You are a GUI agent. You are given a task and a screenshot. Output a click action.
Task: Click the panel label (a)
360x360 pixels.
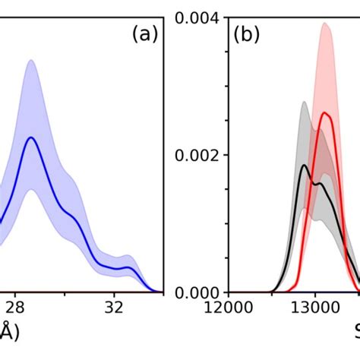(144, 34)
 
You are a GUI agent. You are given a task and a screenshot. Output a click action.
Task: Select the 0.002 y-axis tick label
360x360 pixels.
(200, 154)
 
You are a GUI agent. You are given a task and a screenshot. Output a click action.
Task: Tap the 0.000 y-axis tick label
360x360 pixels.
(200, 292)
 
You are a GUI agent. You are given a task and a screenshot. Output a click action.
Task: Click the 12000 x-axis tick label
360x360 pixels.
(229, 310)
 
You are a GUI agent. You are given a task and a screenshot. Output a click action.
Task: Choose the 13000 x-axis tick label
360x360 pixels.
(314, 310)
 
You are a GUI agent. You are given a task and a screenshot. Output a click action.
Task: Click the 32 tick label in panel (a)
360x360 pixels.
(114, 310)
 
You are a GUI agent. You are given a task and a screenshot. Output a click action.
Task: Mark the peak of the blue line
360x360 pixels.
(31, 137)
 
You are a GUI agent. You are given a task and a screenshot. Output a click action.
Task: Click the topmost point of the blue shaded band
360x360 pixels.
(31, 60)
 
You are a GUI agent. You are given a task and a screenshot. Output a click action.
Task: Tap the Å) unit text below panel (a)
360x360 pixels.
(8, 333)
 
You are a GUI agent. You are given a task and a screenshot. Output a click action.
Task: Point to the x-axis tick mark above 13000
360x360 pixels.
(314, 289)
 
